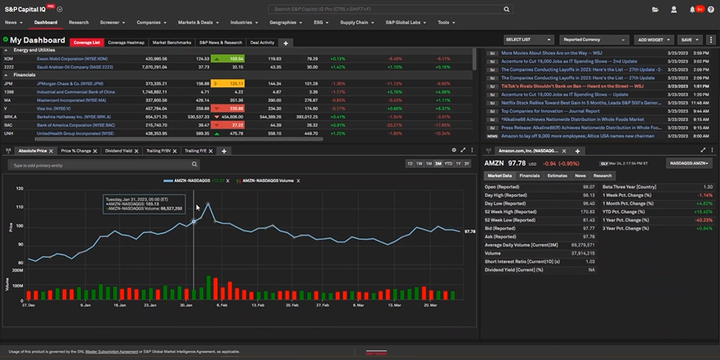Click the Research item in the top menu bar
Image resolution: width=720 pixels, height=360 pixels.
[x=78, y=23]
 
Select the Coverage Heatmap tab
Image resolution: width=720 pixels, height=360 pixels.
[x=127, y=42]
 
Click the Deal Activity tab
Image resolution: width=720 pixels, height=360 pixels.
[x=262, y=42]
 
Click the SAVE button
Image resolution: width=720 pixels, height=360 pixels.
[x=689, y=39]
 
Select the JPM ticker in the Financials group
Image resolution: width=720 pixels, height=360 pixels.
[x=8, y=83]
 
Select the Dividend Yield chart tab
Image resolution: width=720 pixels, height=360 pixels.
[x=122, y=151]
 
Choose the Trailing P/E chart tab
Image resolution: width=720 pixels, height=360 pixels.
[x=195, y=151]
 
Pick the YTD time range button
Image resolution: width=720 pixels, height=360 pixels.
[x=447, y=164]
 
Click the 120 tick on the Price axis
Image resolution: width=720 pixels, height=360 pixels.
[x=18, y=188]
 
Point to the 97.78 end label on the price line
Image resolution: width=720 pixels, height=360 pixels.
[x=469, y=232]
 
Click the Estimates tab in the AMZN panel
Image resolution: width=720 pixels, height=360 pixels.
[x=557, y=176]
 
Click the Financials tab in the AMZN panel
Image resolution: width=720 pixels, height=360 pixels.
[x=529, y=176]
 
